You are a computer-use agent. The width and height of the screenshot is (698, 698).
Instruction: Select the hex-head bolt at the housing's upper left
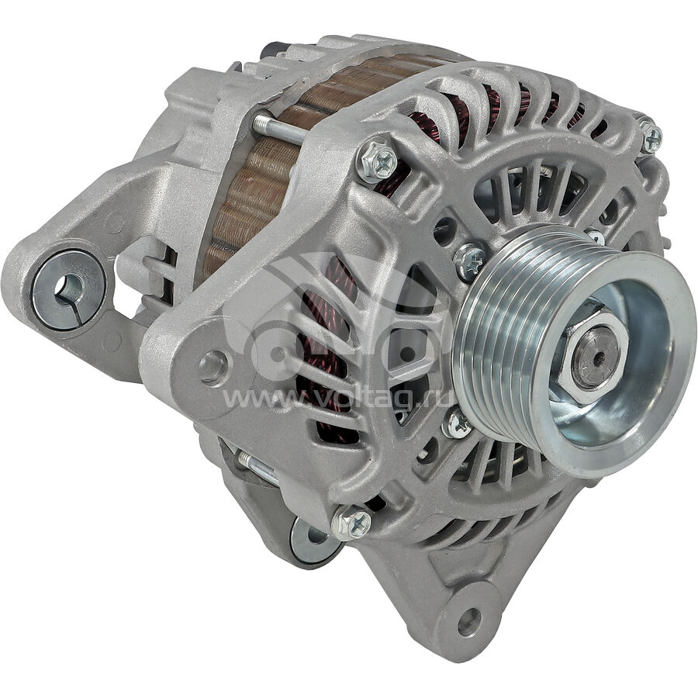coord(377,161)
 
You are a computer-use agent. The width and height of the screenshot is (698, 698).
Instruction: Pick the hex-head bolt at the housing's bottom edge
coord(351,522)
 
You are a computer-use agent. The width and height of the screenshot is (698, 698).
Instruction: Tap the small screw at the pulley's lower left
coord(457,425)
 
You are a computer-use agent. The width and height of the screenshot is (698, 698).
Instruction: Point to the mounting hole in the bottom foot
coord(468,622)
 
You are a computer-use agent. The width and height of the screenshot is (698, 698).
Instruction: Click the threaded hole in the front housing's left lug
coord(213,367)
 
